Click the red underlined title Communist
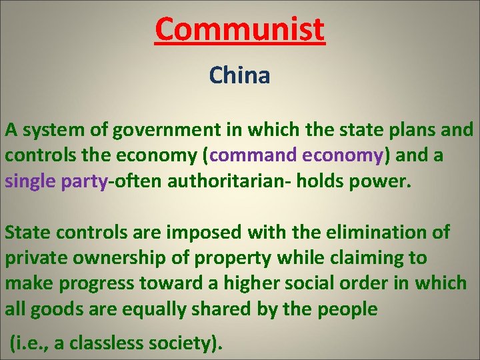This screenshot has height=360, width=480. click(x=239, y=29)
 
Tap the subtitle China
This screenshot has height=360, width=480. click(x=239, y=75)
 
